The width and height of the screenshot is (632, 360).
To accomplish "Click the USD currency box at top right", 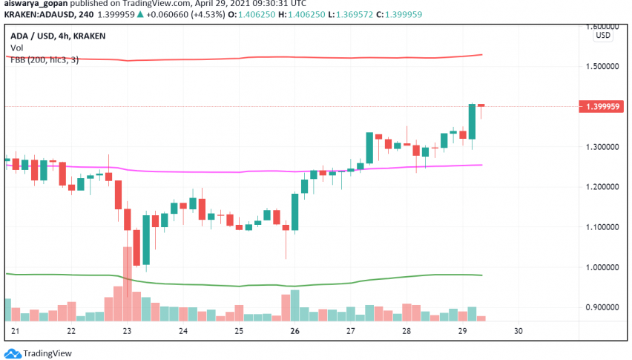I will [603, 35].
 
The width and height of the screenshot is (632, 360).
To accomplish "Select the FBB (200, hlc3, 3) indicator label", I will [45, 59].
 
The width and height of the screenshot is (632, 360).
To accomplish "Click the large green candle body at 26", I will [294, 212].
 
